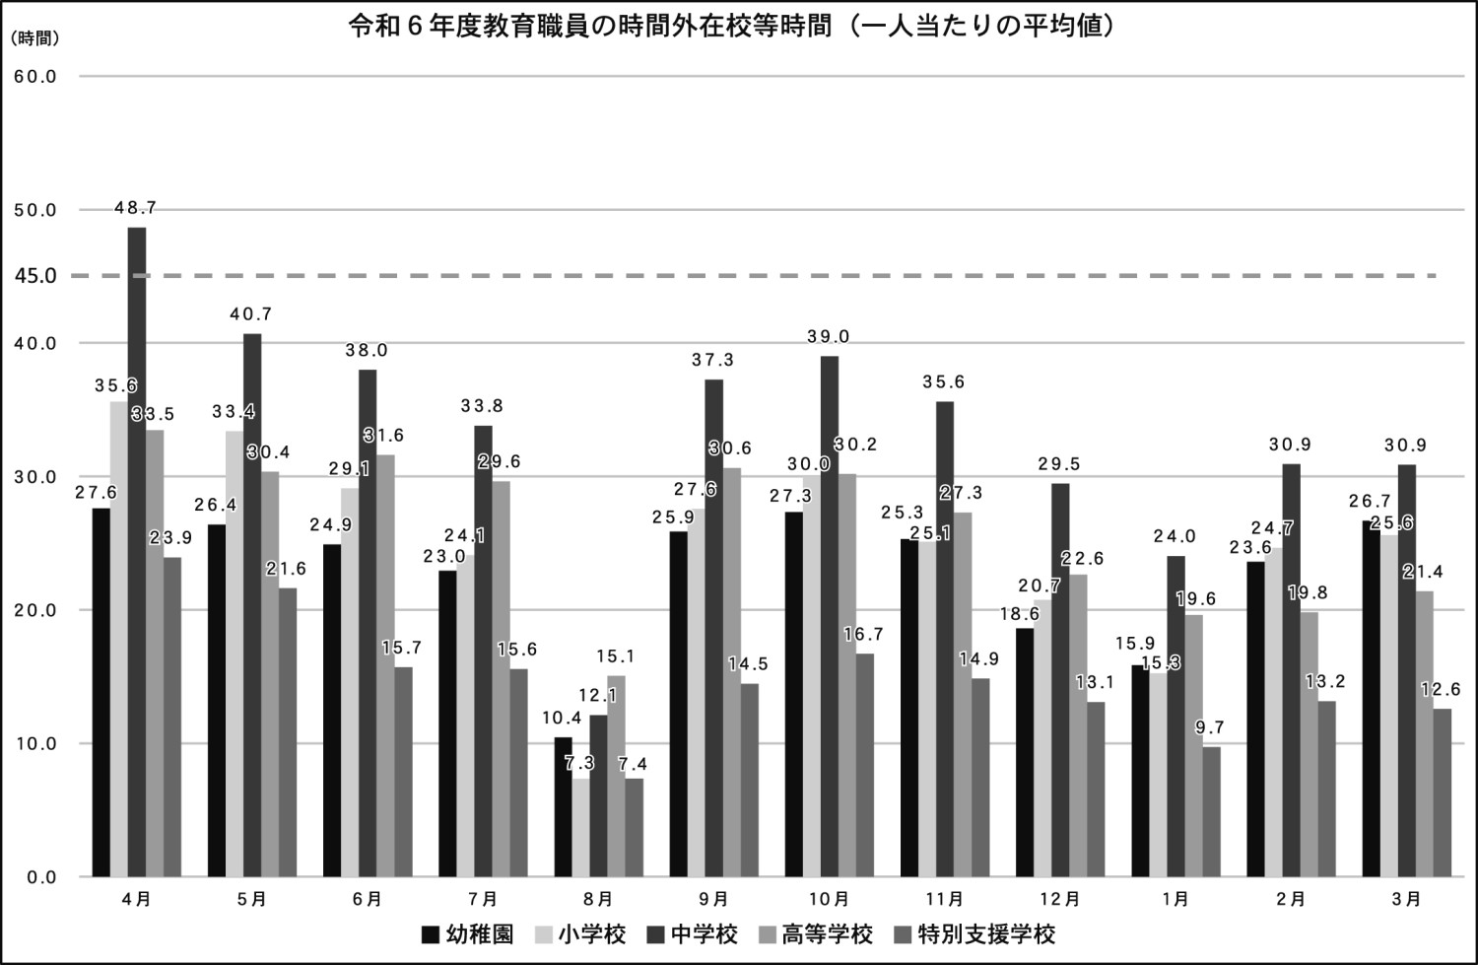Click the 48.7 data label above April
click(135, 208)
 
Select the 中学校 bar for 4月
click(137, 552)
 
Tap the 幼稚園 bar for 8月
click(563, 806)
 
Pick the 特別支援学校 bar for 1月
click(1211, 811)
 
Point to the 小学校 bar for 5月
click(235, 654)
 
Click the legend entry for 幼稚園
click(467, 934)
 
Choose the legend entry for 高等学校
click(815, 934)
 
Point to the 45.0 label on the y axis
click(36, 276)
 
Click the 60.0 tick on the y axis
click(35, 76)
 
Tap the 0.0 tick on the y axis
click(40, 877)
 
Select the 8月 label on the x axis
click(598, 899)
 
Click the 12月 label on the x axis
click(1059, 899)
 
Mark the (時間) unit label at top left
click(35, 38)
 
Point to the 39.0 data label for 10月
click(829, 337)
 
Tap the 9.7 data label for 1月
click(1209, 727)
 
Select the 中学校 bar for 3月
click(1406, 670)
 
